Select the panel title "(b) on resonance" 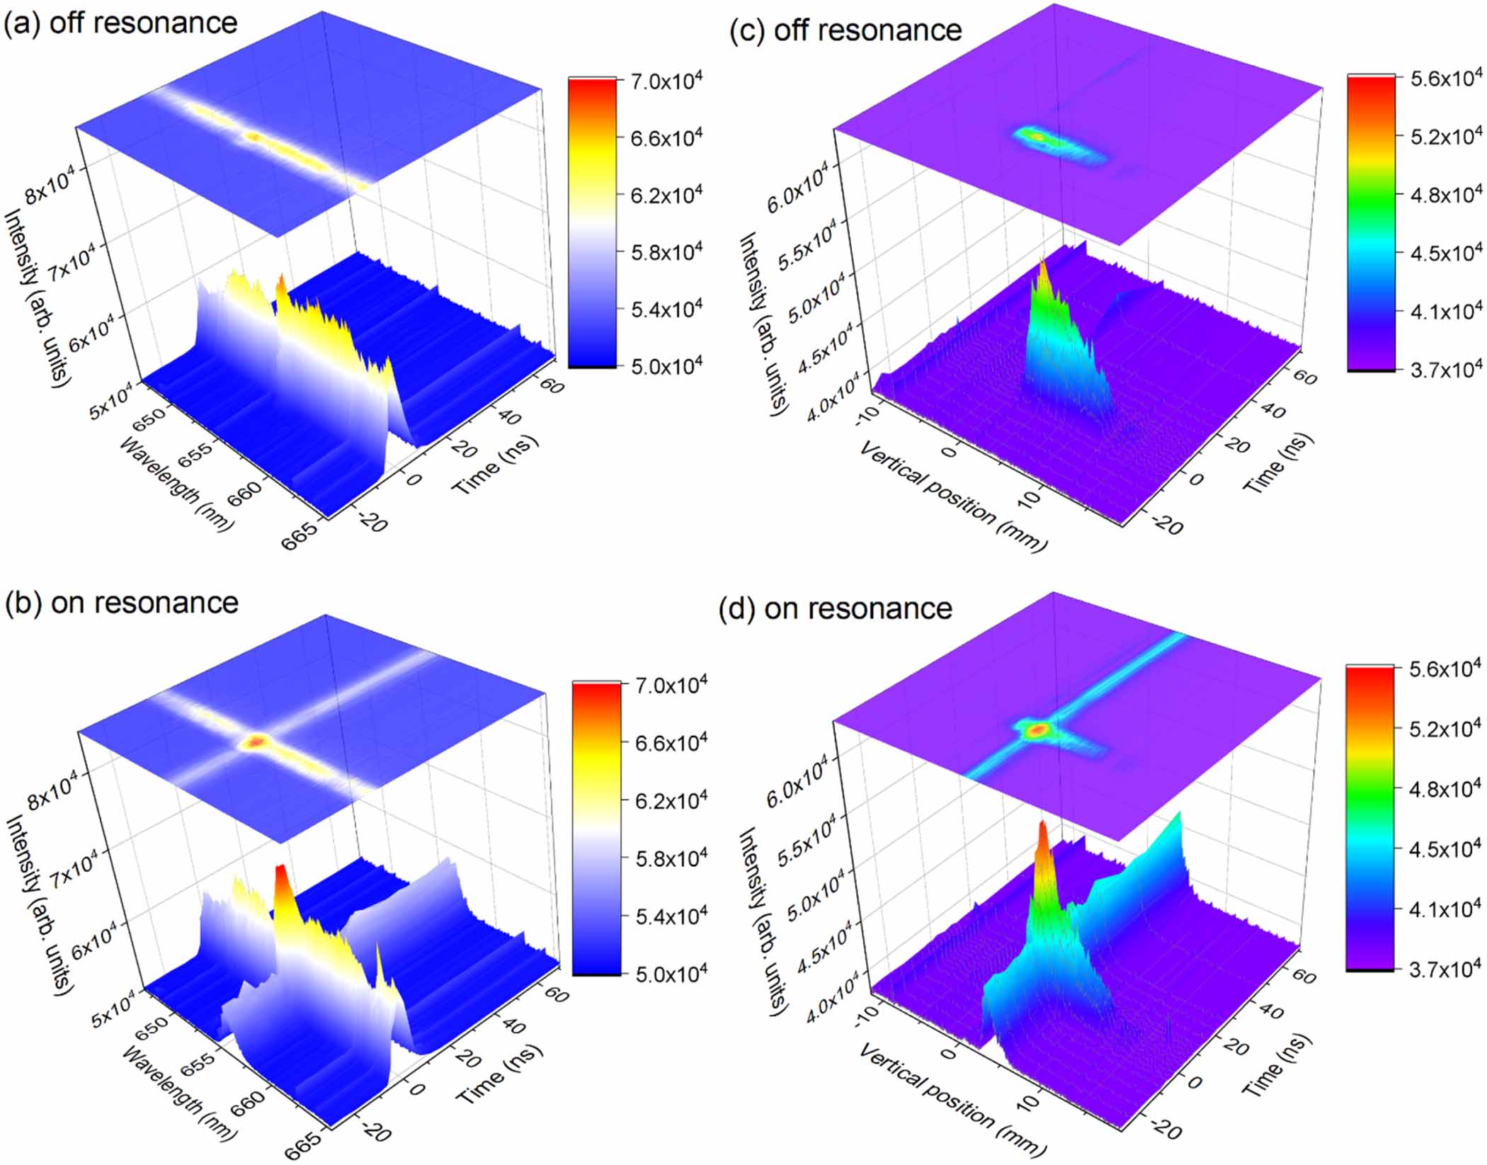121,603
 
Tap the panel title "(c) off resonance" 845,30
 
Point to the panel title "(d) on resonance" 835,609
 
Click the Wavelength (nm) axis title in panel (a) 176,483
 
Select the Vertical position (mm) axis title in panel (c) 952,495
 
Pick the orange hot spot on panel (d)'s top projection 1037,729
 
